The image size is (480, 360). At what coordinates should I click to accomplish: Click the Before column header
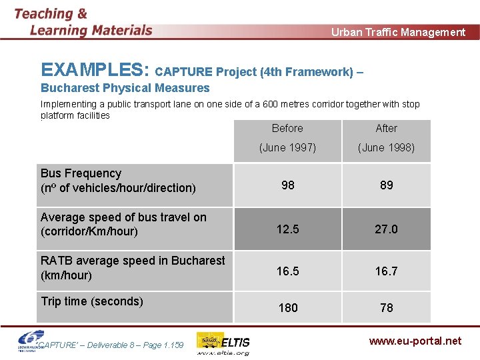(x=287, y=128)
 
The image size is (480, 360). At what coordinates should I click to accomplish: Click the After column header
(x=386, y=128)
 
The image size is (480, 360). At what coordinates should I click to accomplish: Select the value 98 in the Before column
(x=287, y=185)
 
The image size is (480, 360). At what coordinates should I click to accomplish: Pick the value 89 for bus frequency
(x=386, y=185)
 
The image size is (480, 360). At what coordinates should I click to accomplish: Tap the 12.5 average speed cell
(x=287, y=229)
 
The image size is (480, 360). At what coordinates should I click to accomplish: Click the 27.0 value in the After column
(x=386, y=229)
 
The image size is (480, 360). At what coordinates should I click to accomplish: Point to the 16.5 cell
(x=287, y=271)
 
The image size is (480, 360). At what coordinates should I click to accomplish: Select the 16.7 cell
(x=386, y=271)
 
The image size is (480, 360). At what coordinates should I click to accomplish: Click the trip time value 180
(x=287, y=307)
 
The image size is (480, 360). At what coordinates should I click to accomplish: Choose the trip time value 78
(x=386, y=307)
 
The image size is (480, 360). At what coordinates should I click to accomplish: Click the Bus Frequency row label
(x=118, y=181)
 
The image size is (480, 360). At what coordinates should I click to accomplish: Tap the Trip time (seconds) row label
(x=92, y=301)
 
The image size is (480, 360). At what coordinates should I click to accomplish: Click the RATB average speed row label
(x=133, y=267)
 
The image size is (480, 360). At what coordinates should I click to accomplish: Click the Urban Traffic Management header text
(x=398, y=32)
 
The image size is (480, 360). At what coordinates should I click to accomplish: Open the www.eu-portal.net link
(x=415, y=341)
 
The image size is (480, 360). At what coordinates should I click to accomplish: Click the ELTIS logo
(x=224, y=343)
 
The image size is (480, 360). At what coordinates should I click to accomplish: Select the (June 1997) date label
(x=287, y=147)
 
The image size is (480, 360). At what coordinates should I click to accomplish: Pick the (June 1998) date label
(x=386, y=147)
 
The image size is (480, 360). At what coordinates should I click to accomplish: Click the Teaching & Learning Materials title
(x=83, y=22)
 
